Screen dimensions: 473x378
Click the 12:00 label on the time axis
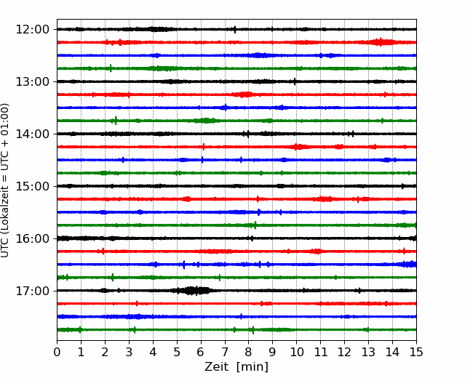(32, 30)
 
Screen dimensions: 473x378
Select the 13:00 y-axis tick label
(32, 81)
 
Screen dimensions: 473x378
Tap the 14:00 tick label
(32, 134)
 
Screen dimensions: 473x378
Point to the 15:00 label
(32, 186)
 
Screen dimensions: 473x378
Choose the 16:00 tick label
(32, 238)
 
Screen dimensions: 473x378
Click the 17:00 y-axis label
(32, 291)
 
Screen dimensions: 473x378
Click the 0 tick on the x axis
(57, 352)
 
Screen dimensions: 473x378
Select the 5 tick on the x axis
(177, 352)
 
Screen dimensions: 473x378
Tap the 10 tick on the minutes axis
(296, 352)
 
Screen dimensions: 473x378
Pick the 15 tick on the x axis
(416, 352)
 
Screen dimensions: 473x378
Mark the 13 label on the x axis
(368, 352)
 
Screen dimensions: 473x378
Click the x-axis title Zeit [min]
(236, 367)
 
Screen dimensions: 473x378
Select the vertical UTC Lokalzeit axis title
(5, 180)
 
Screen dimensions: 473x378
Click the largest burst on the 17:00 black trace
(191, 291)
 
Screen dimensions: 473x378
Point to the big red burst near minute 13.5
(381, 42)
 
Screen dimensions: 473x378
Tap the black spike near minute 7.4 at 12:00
(235, 29)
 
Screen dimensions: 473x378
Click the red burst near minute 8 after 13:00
(245, 94)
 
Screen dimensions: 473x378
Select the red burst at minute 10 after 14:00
(298, 147)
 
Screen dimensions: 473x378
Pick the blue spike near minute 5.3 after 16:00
(183, 265)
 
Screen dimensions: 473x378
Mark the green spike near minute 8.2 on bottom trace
(253, 330)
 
